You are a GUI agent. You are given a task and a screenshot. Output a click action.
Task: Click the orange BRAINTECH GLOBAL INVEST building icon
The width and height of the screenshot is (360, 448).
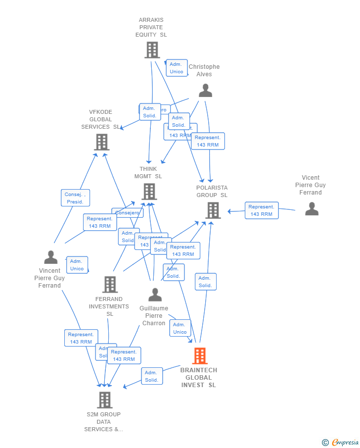click(200, 355)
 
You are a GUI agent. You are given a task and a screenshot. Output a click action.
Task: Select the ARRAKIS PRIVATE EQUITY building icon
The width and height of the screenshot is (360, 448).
click(152, 50)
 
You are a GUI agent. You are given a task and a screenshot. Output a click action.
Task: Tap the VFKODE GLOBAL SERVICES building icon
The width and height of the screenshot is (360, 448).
click(101, 142)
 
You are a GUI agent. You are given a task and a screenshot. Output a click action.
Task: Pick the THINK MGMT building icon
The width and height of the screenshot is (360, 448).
click(149, 191)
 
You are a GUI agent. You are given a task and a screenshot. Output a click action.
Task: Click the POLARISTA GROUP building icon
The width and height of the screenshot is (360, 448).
click(213, 210)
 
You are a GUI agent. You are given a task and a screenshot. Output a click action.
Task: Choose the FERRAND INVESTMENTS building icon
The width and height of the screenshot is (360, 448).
click(110, 284)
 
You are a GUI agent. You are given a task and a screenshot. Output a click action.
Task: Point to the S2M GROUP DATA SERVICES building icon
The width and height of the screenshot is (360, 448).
click(104, 399)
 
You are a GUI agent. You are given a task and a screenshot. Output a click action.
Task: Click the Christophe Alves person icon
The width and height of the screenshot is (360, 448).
click(205, 90)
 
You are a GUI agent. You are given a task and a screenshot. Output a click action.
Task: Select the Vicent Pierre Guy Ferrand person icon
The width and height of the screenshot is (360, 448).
click(312, 209)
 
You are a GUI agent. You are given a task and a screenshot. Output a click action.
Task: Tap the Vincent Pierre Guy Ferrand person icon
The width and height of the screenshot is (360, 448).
click(50, 257)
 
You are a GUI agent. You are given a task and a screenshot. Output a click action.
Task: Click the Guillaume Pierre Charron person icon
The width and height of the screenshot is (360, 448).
click(155, 295)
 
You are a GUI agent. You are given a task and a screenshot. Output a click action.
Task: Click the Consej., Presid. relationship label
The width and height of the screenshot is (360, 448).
click(75, 198)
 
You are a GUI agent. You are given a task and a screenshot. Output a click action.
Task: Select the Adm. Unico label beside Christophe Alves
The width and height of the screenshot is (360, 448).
click(177, 68)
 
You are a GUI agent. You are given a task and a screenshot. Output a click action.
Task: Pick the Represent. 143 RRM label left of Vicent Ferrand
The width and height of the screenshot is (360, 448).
click(261, 210)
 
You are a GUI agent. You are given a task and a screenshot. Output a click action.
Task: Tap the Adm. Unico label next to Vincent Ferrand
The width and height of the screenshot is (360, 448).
click(77, 265)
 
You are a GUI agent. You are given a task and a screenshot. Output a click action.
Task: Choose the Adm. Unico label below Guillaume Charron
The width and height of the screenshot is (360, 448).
click(180, 328)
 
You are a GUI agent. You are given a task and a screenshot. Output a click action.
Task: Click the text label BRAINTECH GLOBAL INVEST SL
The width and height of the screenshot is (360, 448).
click(198, 378)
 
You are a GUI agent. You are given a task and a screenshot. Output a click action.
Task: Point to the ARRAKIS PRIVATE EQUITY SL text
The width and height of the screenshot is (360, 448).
click(151, 28)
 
